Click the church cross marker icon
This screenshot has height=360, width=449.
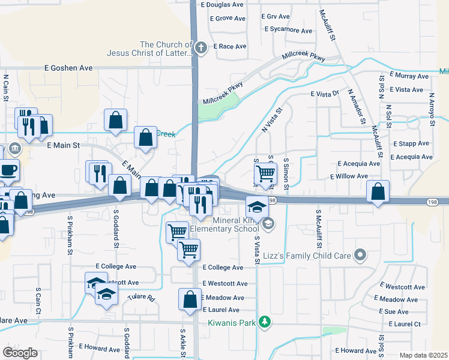pyautogui.click(x=202, y=47)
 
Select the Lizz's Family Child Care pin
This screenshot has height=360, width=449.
pyautogui.click(x=360, y=256)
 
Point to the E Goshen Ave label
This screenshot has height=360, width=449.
pyautogui.click(x=69, y=68)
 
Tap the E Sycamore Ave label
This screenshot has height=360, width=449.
pyautogui.click(x=288, y=30)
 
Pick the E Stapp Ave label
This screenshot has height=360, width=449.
pyautogui.click(x=411, y=144)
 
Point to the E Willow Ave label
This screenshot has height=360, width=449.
pyautogui.click(x=349, y=176)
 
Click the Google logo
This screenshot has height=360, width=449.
pyautogui.click(x=20, y=352)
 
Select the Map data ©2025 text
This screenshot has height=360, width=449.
pyautogui.click(x=423, y=355)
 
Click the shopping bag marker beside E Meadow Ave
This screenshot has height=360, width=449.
pyautogui.click(x=190, y=299)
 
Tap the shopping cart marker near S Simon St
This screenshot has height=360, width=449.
pyautogui.click(x=265, y=174)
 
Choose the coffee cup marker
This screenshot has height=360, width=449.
pyautogui.click(x=8, y=170)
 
